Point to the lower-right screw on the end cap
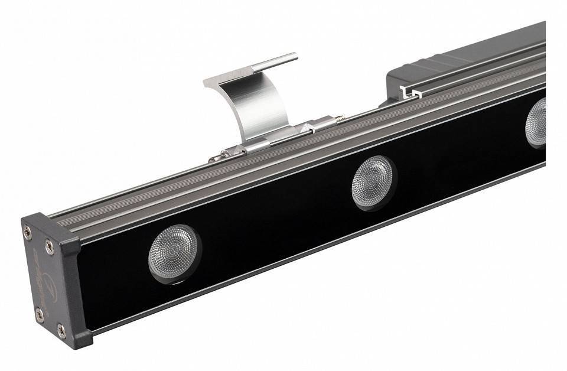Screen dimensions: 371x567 coord(61,330)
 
